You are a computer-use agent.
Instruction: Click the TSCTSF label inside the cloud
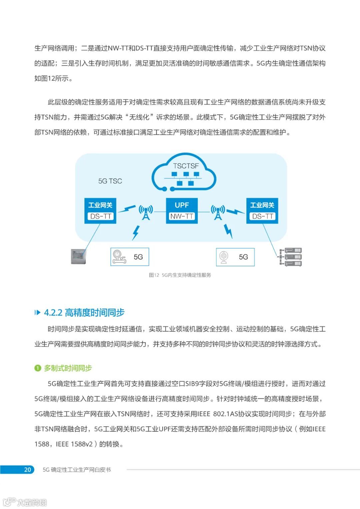[x=186, y=166]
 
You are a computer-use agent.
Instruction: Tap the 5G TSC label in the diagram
[x=110, y=181]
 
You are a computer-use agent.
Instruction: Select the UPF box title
[x=182, y=205]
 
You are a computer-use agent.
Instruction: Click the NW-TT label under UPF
[x=182, y=216]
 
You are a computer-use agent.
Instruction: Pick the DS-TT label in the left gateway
[x=100, y=216]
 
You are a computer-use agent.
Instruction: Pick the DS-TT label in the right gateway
[x=262, y=216]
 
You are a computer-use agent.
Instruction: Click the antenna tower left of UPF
[x=146, y=212]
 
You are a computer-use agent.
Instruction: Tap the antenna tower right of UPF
[x=218, y=212]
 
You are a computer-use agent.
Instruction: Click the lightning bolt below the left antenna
[x=136, y=232]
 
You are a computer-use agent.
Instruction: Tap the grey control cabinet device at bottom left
[x=79, y=256]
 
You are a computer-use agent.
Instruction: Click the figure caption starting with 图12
[x=180, y=275]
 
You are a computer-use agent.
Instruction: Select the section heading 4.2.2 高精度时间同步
[x=84, y=313]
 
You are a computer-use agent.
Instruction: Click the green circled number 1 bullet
[x=38, y=368]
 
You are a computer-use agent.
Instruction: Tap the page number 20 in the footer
[x=27, y=470]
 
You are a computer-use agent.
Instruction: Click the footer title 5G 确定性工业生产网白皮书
[x=77, y=470]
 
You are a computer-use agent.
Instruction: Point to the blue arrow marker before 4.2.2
[x=37, y=313]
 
